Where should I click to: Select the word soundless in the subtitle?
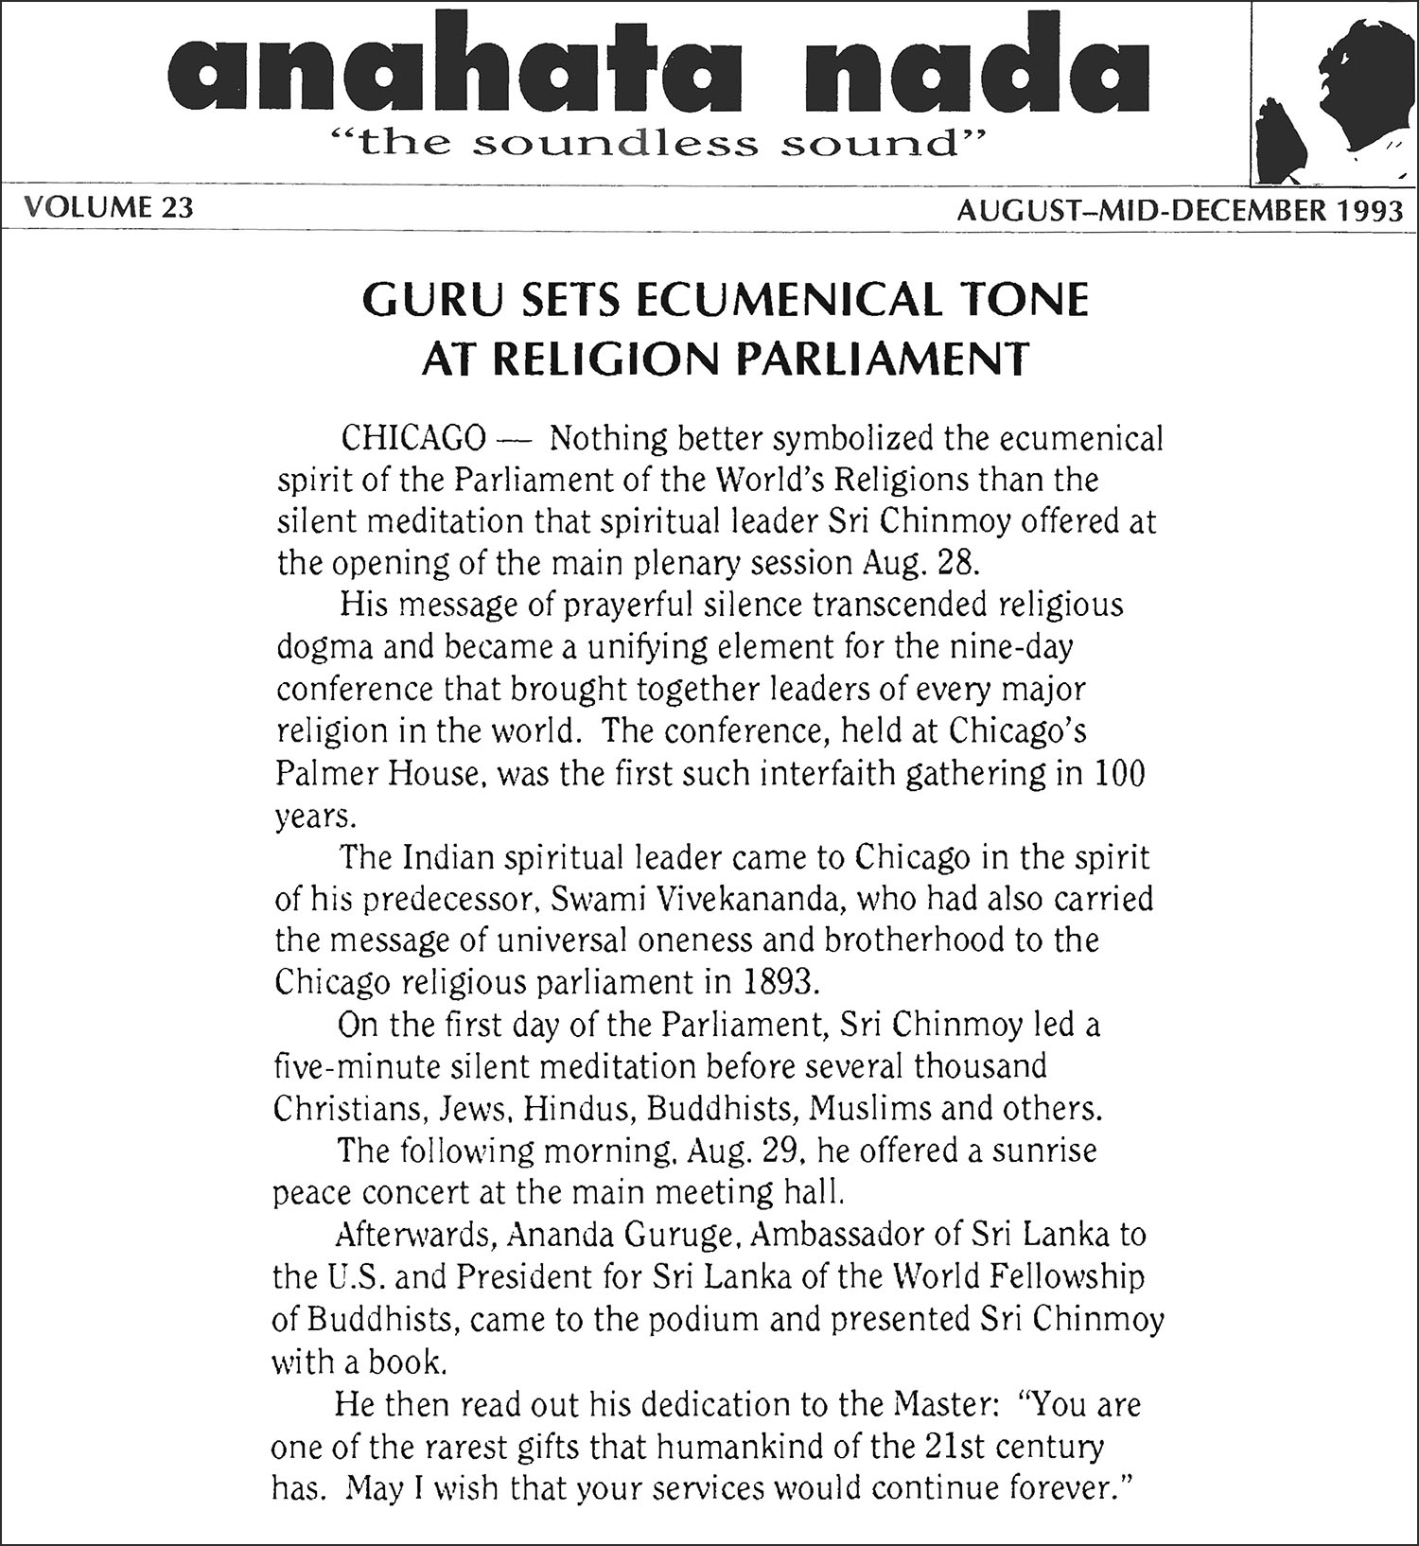tap(616, 145)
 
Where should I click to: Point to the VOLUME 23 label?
tap(107, 207)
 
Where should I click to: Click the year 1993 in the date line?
tap(1371, 209)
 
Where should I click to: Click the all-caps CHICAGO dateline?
tap(413, 440)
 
